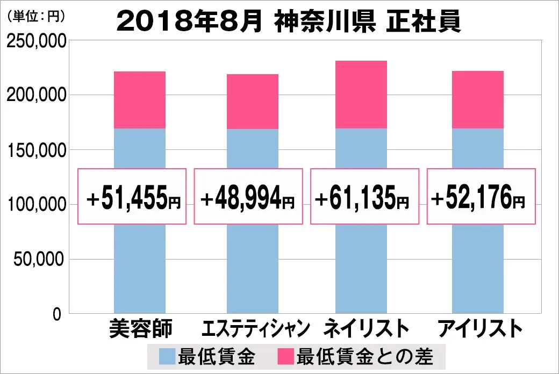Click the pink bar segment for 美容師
pyautogui.click(x=140, y=100)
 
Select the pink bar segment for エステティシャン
pyautogui.click(x=253, y=102)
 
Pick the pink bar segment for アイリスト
pyautogui.click(x=478, y=99)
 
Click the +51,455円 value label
pyautogui.click(x=133, y=197)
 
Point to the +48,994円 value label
pyautogui.click(x=248, y=197)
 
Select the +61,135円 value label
pyautogui.click(x=363, y=197)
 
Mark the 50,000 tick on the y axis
pyautogui.click(x=39, y=260)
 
